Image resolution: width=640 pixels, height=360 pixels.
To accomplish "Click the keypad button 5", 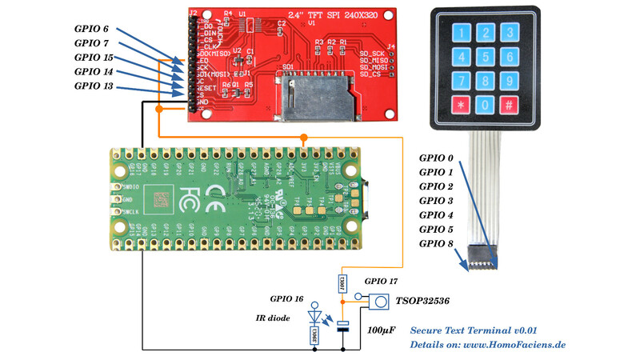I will click(x=485, y=57).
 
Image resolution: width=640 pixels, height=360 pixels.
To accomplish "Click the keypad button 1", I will click(x=460, y=33).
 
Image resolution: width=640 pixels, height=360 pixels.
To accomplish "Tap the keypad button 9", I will click(x=509, y=82).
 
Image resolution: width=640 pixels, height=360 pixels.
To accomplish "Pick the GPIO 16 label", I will click(x=287, y=298).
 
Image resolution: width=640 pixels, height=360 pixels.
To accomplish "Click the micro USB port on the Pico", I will click(x=370, y=194).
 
